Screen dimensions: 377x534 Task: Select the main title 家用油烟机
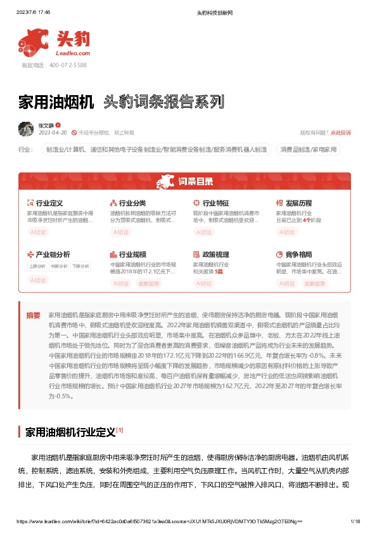[56, 101]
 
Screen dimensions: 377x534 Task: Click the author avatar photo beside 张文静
[26, 129]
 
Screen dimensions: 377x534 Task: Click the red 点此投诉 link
[341, 133]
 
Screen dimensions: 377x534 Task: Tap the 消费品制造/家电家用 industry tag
[309, 150]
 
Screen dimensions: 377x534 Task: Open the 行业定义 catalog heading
[49, 203]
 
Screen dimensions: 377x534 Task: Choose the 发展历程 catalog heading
[299, 203]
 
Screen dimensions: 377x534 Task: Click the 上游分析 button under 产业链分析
[37, 266]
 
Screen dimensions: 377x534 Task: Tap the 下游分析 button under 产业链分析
[80, 266]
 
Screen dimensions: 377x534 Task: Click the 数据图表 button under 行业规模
[148, 283]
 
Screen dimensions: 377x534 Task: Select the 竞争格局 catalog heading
[299, 254]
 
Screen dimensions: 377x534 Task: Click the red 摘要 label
[33, 315]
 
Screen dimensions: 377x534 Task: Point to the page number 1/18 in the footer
[355, 521]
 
